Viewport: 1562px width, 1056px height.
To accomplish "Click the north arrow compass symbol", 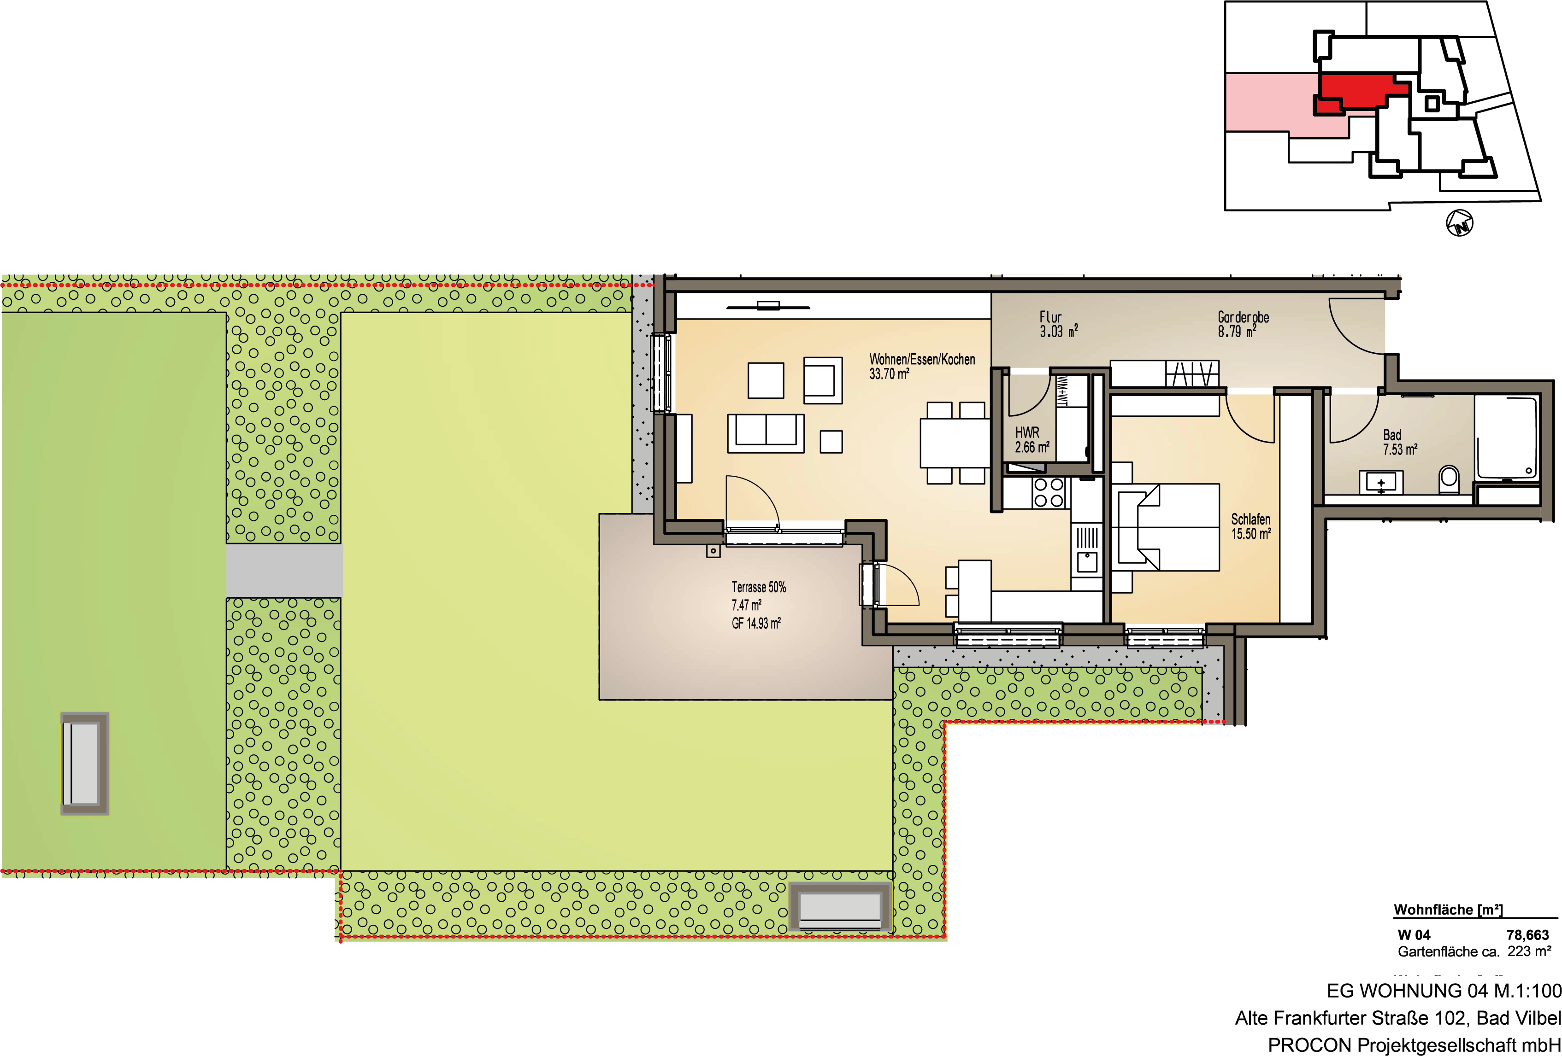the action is (x=1459, y=222).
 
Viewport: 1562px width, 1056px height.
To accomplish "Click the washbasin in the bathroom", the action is (x=1381, y=482).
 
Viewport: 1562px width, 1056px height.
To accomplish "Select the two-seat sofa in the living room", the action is (x=766, y=433).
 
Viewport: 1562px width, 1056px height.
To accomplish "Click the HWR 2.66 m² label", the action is (x=1032, y=440).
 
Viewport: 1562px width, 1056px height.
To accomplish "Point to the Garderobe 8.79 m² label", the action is (x=1243, y=324).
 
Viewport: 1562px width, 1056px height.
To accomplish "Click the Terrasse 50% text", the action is (x=758, y=587).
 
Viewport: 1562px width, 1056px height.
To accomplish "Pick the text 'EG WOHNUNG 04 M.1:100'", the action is (x=1444, y=991).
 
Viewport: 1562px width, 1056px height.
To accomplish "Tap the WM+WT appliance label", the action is (x=1062, y=391).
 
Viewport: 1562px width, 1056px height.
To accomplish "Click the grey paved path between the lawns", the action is (x=284, y=570).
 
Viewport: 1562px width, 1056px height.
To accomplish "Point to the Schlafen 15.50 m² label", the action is (x=1251, y=527).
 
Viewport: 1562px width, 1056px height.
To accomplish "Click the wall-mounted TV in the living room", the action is (x=767, y=306).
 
